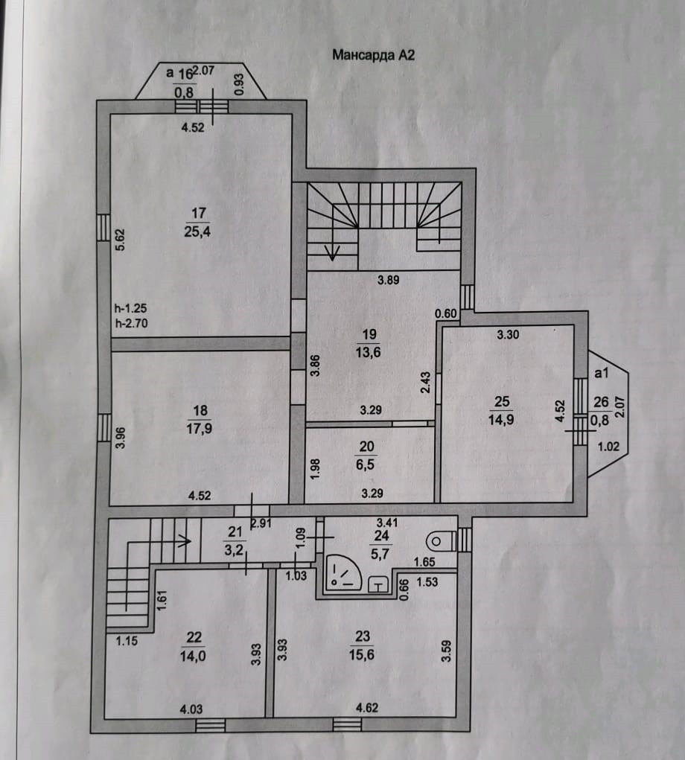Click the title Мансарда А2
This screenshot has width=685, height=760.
click(x=370, y=54)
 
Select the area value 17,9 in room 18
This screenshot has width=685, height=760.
click(x=197, y=427)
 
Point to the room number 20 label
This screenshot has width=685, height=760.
click(x=366, y=446)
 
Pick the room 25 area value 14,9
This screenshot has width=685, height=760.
click(x=503, y=419)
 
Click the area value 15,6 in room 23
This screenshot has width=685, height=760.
click(x=364, y=651)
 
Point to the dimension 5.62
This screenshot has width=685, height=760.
click(x=121, y=239)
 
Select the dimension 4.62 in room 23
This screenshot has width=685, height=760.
click(x=366, y=708)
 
